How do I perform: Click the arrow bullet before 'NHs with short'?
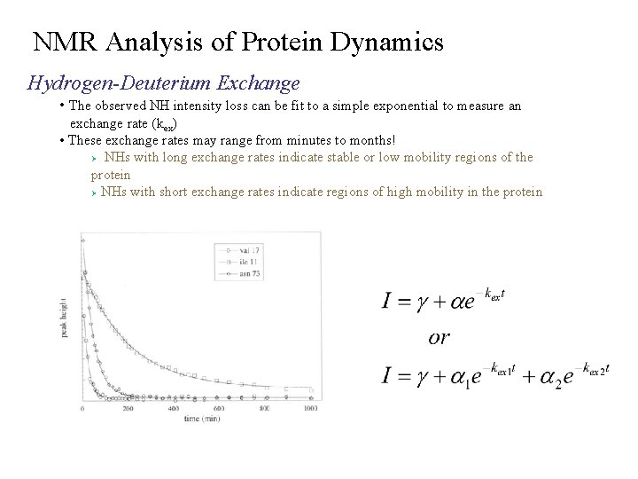pyautogui.click(x=94, y=193)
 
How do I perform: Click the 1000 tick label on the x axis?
pyautogui.click(x=309, y=409)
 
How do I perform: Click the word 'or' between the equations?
pyautogui.click(x=439, y=337)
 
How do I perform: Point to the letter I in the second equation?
pyautogui.click(x=387, y=374)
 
